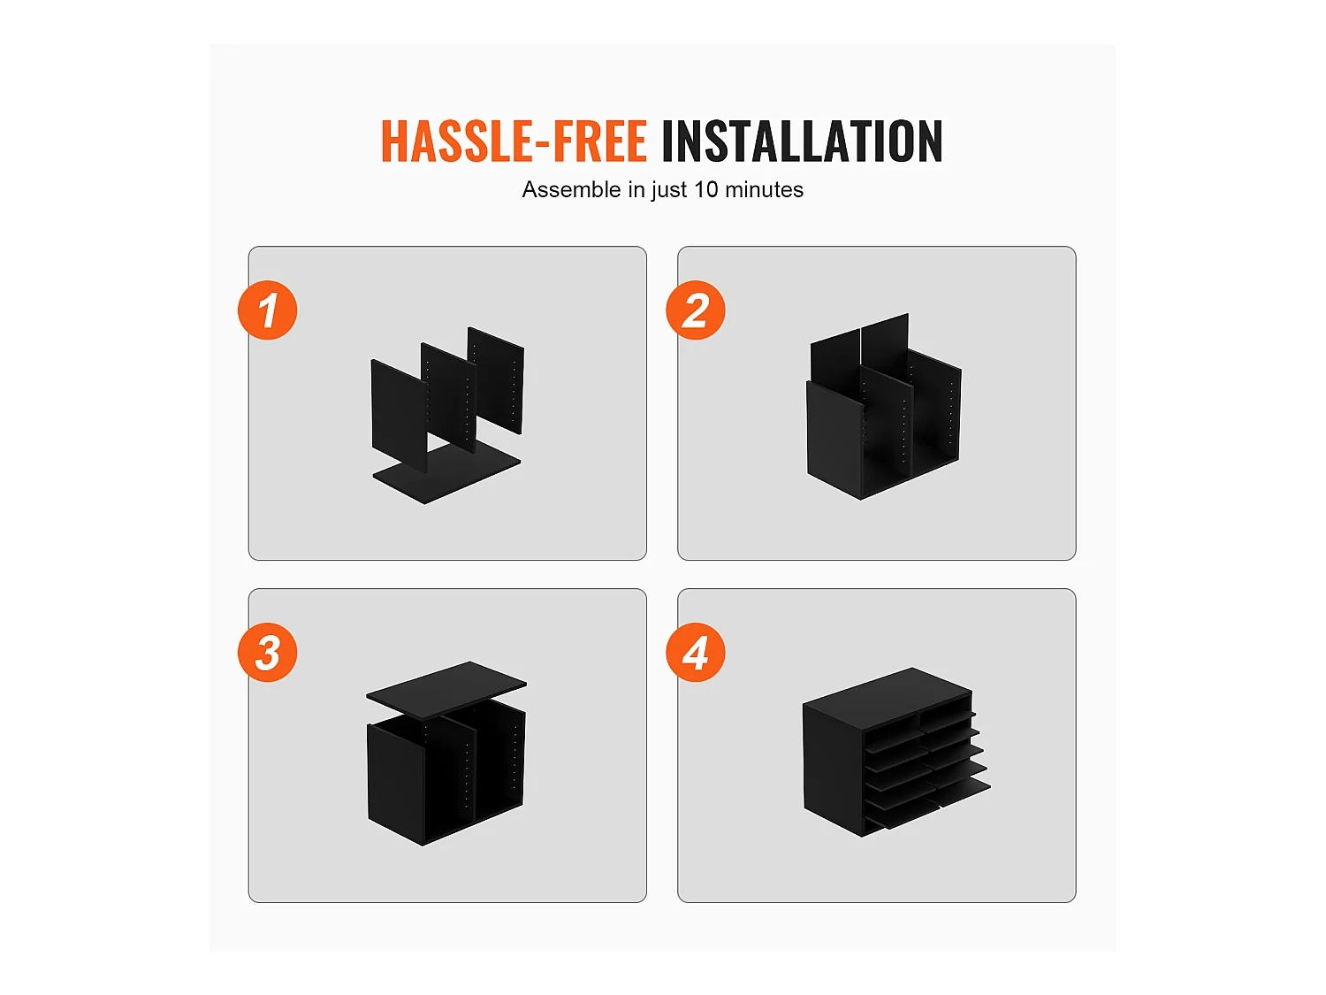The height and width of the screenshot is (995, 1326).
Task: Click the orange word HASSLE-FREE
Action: pos(514,142)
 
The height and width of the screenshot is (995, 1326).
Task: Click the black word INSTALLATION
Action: pos(802,142)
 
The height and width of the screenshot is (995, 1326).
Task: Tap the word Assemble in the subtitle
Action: pos(571,189)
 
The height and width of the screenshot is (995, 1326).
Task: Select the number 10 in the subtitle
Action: pos(705,189)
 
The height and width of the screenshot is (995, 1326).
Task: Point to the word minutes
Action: pos(764,189)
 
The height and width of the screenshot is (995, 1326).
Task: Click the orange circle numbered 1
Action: pos(268,310)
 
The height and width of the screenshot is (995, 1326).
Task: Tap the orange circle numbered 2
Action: pos(696,310)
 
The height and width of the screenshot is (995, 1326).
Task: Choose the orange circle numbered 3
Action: pos(268,653)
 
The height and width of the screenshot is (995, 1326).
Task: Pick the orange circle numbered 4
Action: pos(696,653)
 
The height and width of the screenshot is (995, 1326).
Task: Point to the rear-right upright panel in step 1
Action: pos(496,380)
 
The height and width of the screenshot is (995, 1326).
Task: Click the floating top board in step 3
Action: pos(446,689)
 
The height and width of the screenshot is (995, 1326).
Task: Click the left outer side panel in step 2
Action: pos(834,441)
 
